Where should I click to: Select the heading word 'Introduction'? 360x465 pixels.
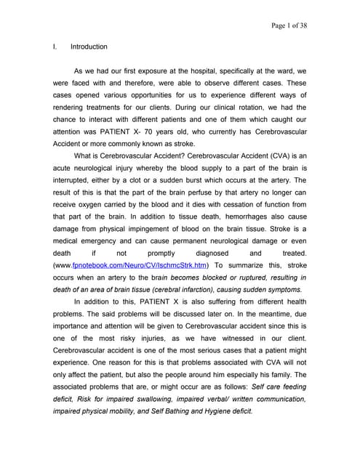(89, 47)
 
